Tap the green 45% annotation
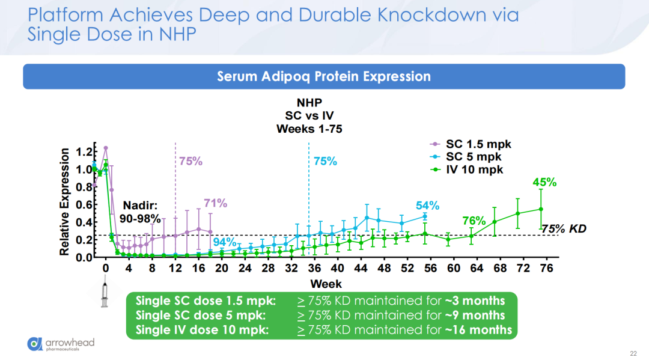544,182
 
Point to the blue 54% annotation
428,206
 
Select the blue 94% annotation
225,242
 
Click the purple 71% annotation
215,203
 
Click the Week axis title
326,283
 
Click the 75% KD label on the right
564,229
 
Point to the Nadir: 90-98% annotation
140,212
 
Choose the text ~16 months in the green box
479,329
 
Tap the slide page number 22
633,353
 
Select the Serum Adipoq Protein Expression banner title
324,77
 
